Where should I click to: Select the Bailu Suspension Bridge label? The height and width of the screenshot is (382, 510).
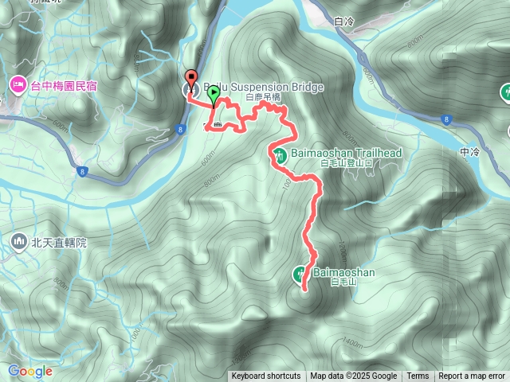click(x=253, y=87)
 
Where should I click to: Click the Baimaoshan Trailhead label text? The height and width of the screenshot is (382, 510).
click(x=345, y=152)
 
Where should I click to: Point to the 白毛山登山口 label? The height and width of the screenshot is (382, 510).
click(x=346, y=163)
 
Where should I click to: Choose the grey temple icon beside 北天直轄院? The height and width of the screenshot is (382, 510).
click(x=18, y=240)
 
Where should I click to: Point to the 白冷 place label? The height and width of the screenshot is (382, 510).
click(x=344, y=22)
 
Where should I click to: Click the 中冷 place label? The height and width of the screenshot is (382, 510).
click(x=470, y=151)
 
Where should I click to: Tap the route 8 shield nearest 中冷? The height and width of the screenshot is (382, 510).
click(x=444, y=120)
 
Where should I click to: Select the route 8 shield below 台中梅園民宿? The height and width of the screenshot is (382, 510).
click(x=82, y=170)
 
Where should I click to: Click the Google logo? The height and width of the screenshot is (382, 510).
click(x=29, y=371)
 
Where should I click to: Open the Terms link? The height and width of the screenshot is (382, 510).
click(x=418, y=376)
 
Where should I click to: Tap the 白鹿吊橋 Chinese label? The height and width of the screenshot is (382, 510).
click(x=264, y=98)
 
